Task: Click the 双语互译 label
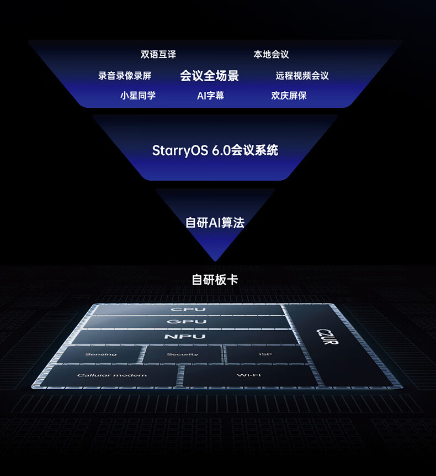[158, 55]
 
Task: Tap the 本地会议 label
[271, 55]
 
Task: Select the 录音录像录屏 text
[125, 76]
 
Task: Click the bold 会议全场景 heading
[210, 76]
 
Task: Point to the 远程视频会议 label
[302, 76]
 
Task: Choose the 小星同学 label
[138, 96]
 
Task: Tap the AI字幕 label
[210, 96]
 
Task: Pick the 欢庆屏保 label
[289, 96]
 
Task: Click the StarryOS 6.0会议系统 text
[215, 150]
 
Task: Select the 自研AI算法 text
[215, 223]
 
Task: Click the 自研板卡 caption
[215, 280]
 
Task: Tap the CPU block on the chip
[188, 310]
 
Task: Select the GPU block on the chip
[187, 322]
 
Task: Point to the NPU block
[184, 337]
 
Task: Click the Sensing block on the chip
[101, 354]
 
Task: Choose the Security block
[183, 354]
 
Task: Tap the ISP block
[265, 354]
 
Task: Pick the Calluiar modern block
[112, 375]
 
